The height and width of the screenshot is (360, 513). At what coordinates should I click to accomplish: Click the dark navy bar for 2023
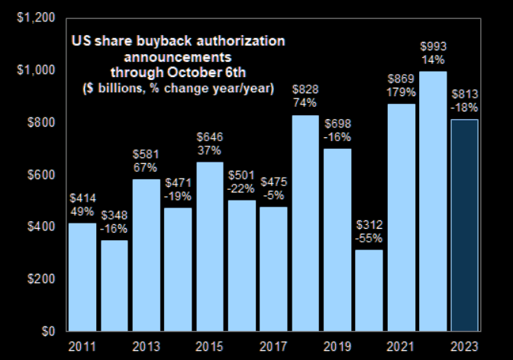[x=465, y=225]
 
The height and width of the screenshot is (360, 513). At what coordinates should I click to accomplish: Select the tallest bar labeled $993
[x=433, y=201]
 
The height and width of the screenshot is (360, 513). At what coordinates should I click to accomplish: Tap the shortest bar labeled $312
[x=369, y=291]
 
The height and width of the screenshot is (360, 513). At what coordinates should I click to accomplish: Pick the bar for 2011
[x=82, y=278]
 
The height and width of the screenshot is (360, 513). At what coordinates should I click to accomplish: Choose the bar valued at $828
[x=305, y=223]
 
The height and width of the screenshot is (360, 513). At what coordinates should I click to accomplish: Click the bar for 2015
[x=210, y=246]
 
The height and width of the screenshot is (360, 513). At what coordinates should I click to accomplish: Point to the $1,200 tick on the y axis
[x=36, y=18]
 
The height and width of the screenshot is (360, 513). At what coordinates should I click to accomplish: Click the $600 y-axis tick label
[x=41, y=175]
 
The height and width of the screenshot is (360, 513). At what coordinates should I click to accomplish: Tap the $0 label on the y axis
[x=48, y=331]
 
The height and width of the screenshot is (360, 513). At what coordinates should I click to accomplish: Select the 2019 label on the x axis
[x=337, y=346]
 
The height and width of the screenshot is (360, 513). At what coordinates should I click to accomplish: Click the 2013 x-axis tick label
[x=146, y=346]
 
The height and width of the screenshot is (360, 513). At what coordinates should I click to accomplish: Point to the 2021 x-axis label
[x=400, y=346]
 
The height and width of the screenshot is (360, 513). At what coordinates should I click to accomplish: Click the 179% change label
[x=401, y=92]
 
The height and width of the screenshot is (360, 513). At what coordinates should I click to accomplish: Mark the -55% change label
[x=369, y=239]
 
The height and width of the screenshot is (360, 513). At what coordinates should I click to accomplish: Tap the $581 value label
[x=146, y=154]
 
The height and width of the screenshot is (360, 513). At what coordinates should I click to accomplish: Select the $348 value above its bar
[x=115, y=215]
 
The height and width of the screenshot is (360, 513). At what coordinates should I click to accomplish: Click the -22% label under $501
[x=240, y=188]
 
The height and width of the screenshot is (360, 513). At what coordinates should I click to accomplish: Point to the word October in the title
[x=194, y=72]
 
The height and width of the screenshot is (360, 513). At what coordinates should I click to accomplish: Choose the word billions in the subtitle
[x=120, y=88]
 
